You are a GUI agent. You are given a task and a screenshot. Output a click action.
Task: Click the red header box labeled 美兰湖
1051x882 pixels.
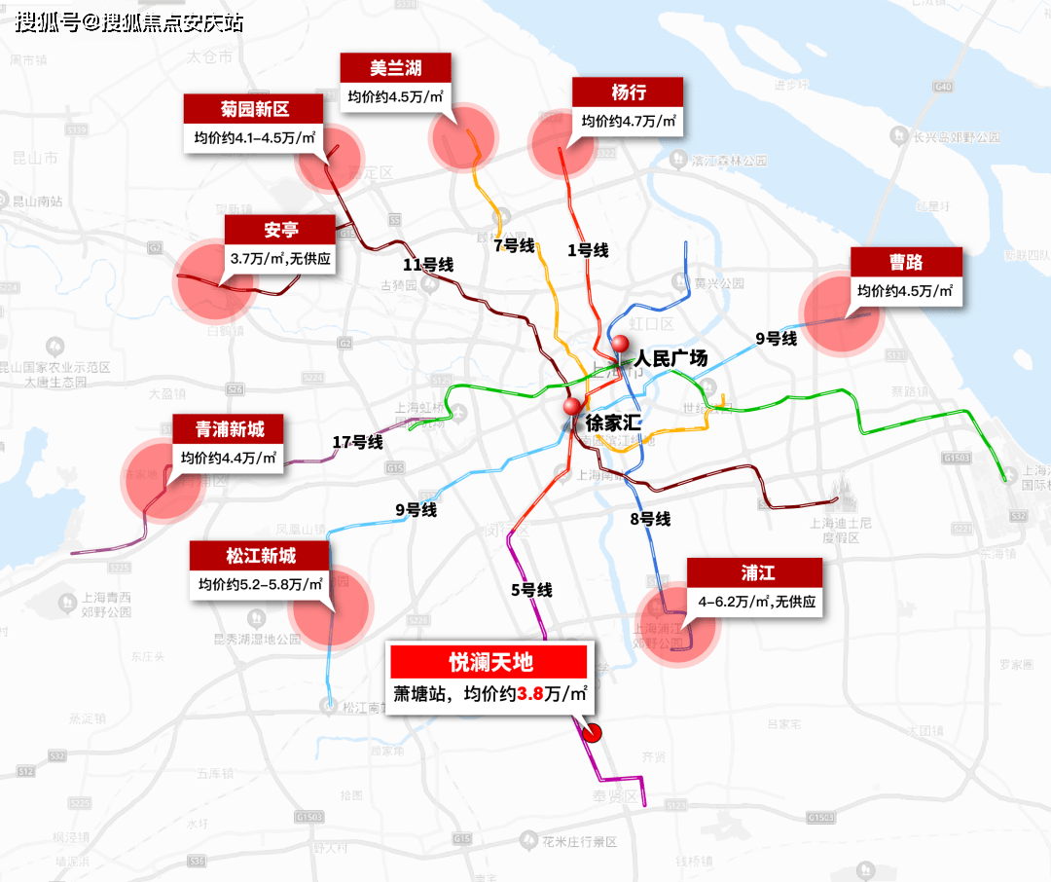coord(396,68)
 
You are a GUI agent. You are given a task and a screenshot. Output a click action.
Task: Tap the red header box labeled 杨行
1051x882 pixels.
coord(628,92)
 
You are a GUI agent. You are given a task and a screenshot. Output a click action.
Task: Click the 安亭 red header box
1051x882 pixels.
coord(280,230)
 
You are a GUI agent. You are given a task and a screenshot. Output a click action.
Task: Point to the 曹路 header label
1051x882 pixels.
coord(906,262)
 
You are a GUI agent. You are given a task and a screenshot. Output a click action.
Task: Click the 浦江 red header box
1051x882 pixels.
coord(755,572)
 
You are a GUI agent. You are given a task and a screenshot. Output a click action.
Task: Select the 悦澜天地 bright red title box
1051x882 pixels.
coord(489,662)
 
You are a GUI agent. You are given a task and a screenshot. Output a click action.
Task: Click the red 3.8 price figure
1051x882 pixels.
coord(529,695)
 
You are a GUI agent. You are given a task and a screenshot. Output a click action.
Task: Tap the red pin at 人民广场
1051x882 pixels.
coord(620,344)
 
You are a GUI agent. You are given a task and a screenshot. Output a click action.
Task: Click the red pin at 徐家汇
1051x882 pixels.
coord(571,406)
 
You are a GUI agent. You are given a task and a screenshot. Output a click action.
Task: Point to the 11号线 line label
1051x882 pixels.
coord(429,265)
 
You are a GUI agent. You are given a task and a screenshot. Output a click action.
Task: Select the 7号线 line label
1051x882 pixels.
coord(514,245)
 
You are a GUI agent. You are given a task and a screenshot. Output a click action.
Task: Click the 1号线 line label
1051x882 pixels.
coord(588,250)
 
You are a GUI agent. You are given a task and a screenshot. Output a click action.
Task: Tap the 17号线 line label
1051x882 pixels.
coord(357,442)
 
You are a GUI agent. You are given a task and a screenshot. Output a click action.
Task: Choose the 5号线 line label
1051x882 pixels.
coord(531,589)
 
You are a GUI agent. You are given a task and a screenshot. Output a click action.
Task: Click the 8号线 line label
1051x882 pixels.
coord(650,519)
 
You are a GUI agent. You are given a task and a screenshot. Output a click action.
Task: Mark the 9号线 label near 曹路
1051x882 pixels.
coord(777,339)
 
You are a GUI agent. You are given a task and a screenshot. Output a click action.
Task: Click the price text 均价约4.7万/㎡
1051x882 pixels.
coord(629,122)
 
